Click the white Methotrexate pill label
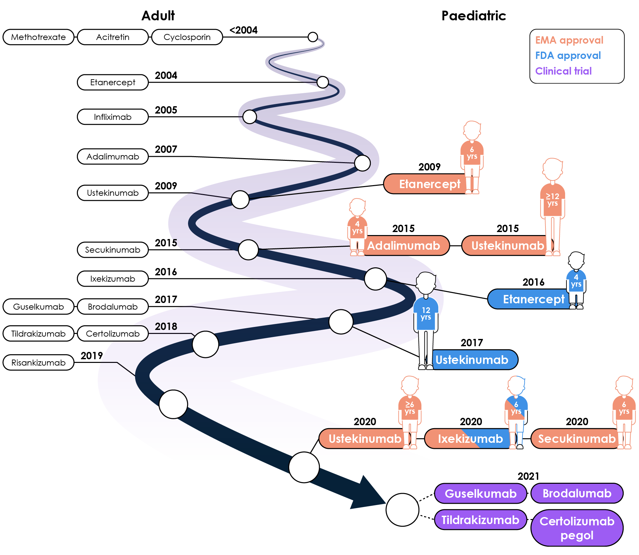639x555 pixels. coord(38,37)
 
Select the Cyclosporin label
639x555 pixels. coord(187,37)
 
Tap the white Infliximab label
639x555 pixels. coord(112,117)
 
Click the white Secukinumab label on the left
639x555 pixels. coord(112,250)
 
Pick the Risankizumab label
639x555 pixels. coord(38,363)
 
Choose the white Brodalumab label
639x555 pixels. coord(112,307)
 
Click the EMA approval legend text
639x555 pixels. coord(569,40)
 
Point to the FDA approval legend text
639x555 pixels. coord(568,56)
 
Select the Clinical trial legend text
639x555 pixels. coord(563,71)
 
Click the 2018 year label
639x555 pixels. coord(166,326)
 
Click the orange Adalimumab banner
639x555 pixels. coord(403,246)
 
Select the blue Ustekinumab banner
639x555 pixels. coord(472,360)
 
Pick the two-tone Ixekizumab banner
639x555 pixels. coord(470,438)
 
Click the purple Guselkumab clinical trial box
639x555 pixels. coord(480,493)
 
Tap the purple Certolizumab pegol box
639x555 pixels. coord(577,528)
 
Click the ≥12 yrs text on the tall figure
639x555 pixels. coord(552,200)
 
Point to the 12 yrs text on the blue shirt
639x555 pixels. coord(426,314)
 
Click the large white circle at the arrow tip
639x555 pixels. coord(402,510)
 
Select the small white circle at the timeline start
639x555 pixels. coord(313,37)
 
